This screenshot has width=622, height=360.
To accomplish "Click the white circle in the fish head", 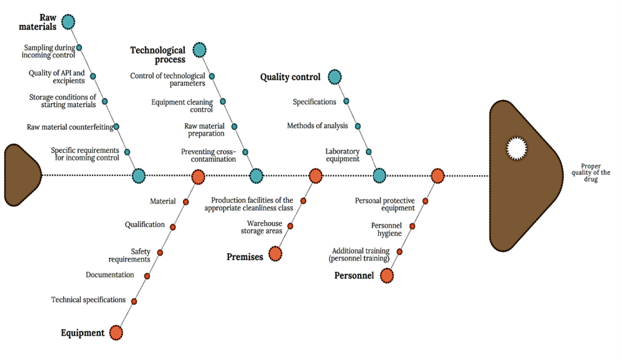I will pyautogui.click(x=516, y=148).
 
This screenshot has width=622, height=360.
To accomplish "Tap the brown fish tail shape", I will pyautogui.click(x=21, y=175).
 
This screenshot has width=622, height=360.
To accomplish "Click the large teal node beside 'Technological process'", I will pyautogui.click(x=199, y=50).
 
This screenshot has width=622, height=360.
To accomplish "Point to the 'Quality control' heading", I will pyautogui.click(x=290, y=77).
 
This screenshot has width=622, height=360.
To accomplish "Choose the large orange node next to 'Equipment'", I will pyautogui.click(x=116, y=333).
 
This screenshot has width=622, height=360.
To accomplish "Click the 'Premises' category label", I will pyautogui.click(x=246, y=256).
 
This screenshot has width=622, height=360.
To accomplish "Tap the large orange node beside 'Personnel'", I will pyautogui.click(x=387, y=275).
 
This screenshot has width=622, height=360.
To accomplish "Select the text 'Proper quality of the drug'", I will pyautogui.click(x=595, y=172).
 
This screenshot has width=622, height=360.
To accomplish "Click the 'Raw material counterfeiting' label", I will pyautogui.click(x=70, y=127).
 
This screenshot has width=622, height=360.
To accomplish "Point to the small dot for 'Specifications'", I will pyautogui.click(x=346, y=101).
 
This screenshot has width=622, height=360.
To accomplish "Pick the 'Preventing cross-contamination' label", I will pyautogui.click(x=208, y=155).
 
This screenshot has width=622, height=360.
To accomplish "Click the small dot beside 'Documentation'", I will pyautogui.click(x=147, y=275).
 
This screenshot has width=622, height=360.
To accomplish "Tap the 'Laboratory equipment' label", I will pyautogui.click(x=342, y=155).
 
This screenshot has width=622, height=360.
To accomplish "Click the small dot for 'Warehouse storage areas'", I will pyautogui.click(x=290, y=226).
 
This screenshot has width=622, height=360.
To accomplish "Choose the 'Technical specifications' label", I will pyautogui.click(x=88, y=300).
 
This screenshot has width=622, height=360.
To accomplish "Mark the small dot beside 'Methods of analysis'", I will pyautogui.click(x=358, y=126).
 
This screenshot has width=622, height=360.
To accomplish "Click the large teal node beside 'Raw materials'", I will pyautogui.click(x=68, y=22).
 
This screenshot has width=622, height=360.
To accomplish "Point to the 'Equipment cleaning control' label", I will pyautogui.click(x=182, y=106).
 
